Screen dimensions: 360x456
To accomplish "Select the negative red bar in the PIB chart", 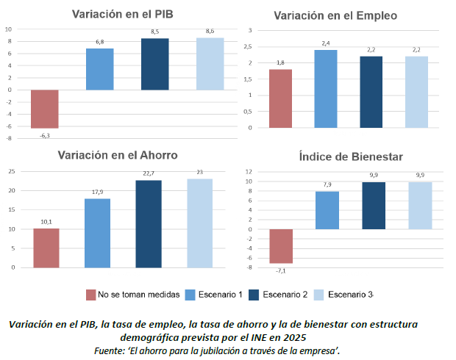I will [x=44, y=109].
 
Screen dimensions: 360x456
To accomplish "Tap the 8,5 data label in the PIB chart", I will [x=154, y=32].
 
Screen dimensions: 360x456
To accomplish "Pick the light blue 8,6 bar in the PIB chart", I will [x=210, y=64].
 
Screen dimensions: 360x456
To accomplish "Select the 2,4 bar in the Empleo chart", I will [x=325, y=88].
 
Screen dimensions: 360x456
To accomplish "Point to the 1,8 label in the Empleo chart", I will [x=280, y=63].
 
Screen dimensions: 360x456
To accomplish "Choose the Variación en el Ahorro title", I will [x=118, y=155].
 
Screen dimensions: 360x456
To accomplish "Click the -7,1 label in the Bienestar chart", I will [x=280, y=270].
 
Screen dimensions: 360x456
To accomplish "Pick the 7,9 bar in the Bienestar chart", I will [x=327, y=210].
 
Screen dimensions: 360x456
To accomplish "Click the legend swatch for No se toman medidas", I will [x=91, y=295].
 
